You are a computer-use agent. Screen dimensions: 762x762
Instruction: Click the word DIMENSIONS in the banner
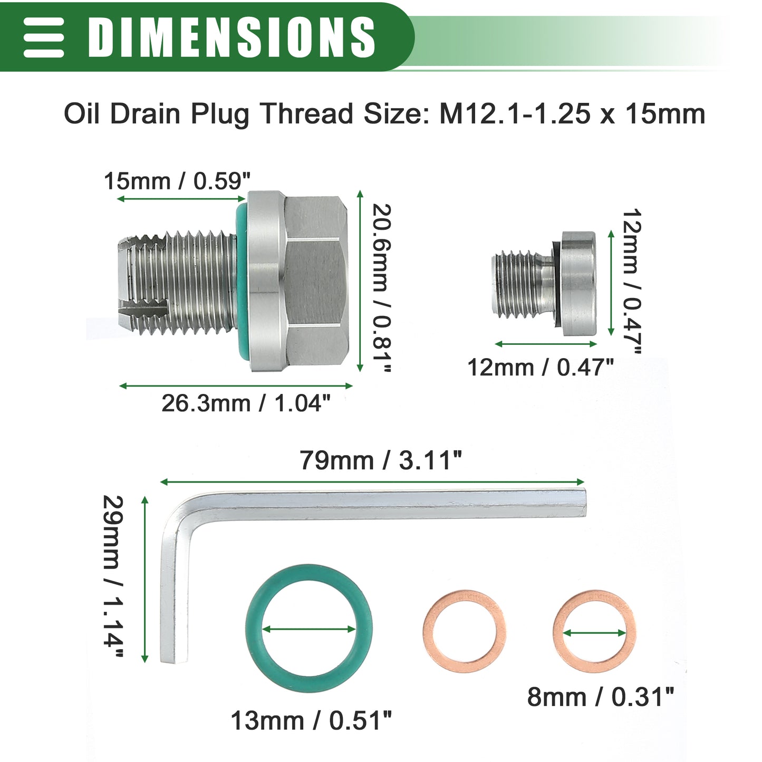(232, 37)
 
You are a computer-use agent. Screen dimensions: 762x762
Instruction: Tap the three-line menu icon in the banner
(44, 37)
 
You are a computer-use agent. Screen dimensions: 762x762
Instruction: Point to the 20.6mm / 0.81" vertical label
(382, 288)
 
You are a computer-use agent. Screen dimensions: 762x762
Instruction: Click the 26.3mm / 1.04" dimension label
(246, 403)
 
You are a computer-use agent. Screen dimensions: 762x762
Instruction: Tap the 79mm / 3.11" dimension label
(380, 460)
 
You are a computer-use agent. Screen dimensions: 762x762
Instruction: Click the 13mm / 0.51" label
(311, 720)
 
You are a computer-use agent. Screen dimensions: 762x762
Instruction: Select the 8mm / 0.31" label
(601, 697)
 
